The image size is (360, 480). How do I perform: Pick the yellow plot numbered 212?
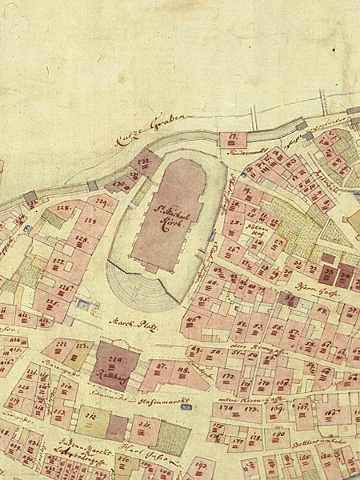(91, 417)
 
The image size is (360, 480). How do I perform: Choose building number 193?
(200, 464)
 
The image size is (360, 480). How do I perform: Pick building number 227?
(58, 264)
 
